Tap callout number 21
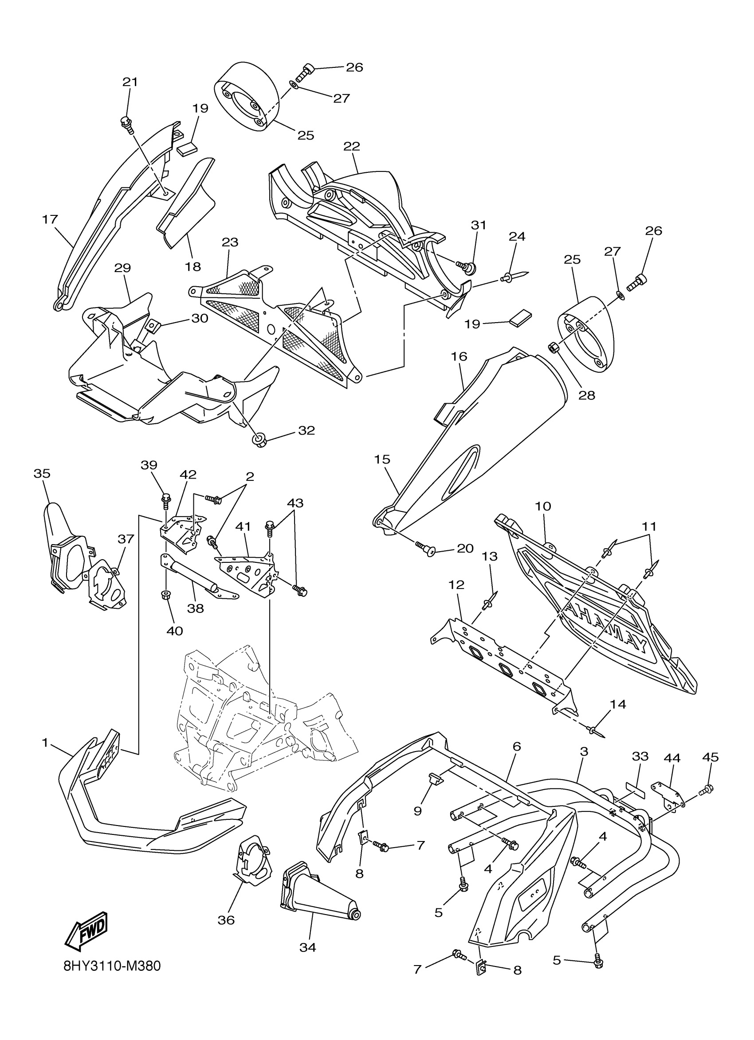click(130, 82)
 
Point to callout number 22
click(352, 146)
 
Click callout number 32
click(306, 430)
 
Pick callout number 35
click(42, 473)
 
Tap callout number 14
click(618, 704)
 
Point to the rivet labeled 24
click(513, 277)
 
